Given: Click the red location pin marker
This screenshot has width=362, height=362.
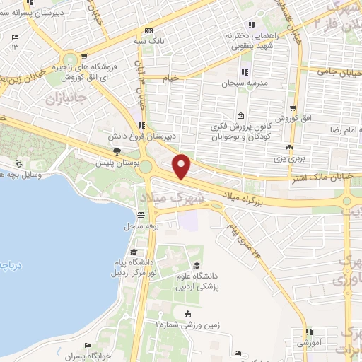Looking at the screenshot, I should point(182,165).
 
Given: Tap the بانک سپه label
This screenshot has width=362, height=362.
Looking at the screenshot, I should point(164,40).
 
